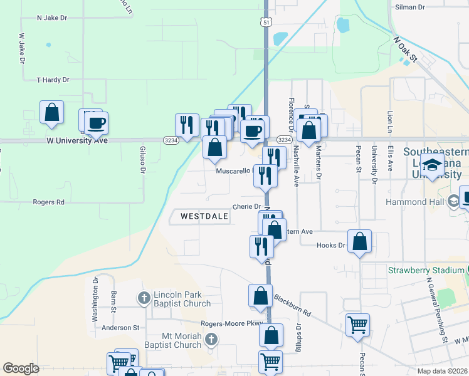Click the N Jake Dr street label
tap(52, 18)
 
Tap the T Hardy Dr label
tap(53, 80)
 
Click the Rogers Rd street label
tap(50, 202)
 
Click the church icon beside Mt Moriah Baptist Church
tap(211, 340)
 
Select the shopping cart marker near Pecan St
tap(357, 325)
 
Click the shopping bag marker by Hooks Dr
tap(359, 242)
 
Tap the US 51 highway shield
tap(266, 23)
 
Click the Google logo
tap(21, 368)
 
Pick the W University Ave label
tap(77, 140)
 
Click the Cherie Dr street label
tap(246, 206)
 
